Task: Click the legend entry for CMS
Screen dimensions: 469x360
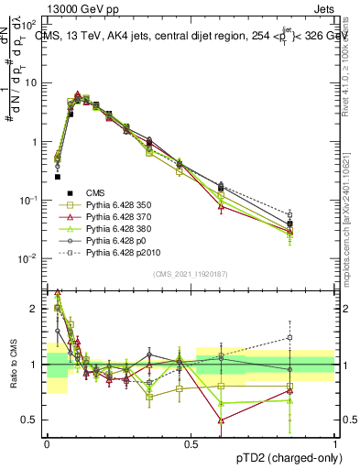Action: coord(92,193)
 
